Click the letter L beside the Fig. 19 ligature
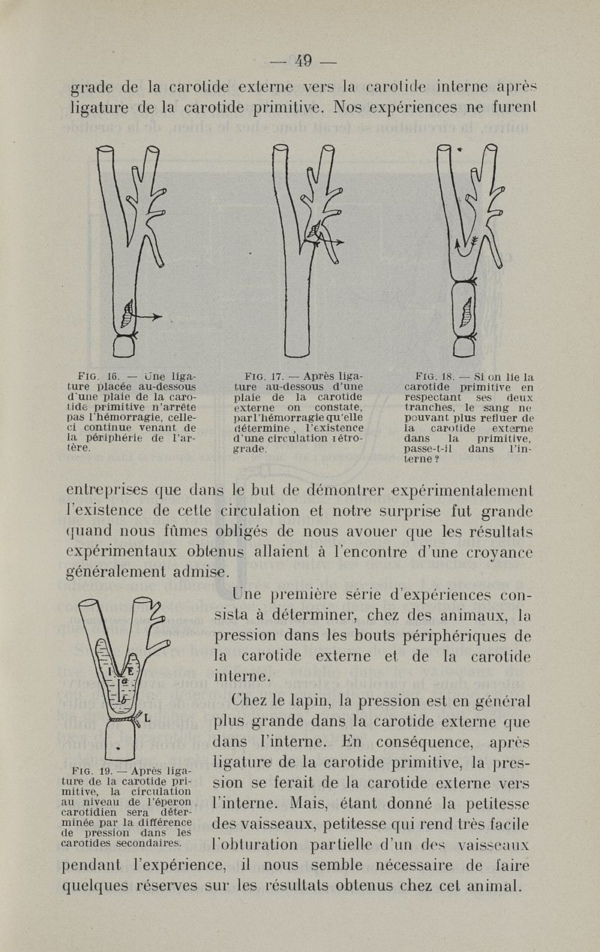[x=147, y=718]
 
